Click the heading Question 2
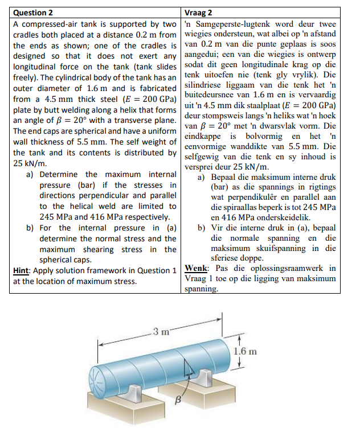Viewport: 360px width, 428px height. (33, 12)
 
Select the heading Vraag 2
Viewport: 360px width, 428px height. (199, 12)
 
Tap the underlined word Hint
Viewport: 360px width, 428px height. (22, 270)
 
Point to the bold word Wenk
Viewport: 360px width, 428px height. (198, 268)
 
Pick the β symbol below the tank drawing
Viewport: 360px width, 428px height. (177, 401)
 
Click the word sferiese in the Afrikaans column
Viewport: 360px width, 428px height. (228, 258)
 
